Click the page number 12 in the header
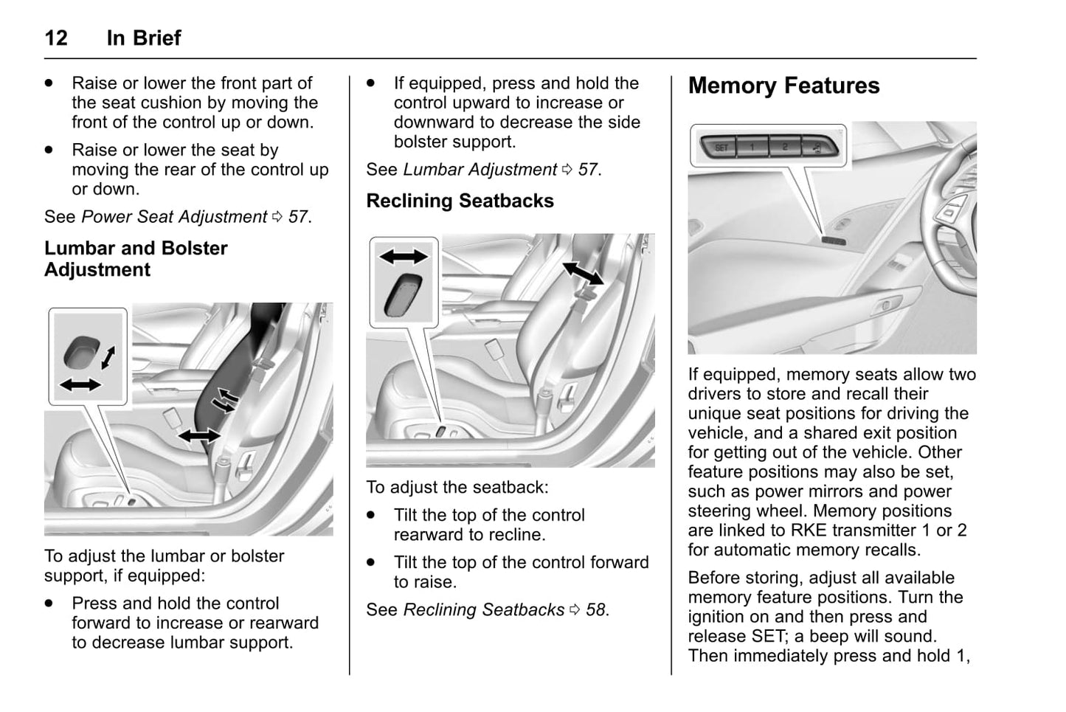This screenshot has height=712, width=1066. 56,38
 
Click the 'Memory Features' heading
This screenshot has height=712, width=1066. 783,86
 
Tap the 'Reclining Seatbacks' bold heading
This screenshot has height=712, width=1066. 460,201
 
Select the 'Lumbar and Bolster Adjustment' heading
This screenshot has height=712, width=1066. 136,258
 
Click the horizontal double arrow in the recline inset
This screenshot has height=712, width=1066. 404,257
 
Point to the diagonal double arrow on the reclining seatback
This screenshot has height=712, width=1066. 583,272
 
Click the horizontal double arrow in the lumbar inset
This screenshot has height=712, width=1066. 80,384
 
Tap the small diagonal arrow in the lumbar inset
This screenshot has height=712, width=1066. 108,357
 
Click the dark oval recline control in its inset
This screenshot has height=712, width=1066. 403,294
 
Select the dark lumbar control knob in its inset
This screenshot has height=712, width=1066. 80,352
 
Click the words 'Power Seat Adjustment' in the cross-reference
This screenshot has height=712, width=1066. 174,217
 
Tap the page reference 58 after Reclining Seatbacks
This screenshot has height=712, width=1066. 595,610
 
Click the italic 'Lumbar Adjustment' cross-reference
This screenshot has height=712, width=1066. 480,170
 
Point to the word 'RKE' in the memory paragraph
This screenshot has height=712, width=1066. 809,530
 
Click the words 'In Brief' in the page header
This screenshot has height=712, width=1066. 144,38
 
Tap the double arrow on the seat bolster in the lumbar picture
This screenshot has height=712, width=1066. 199,435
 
